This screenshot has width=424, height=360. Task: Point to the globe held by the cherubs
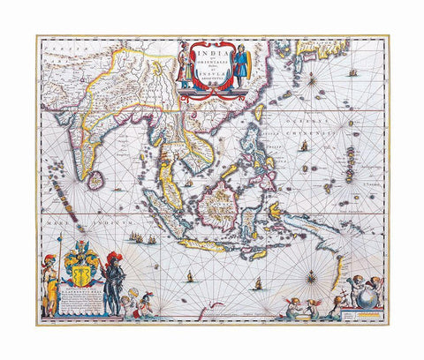tap(363, 303)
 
